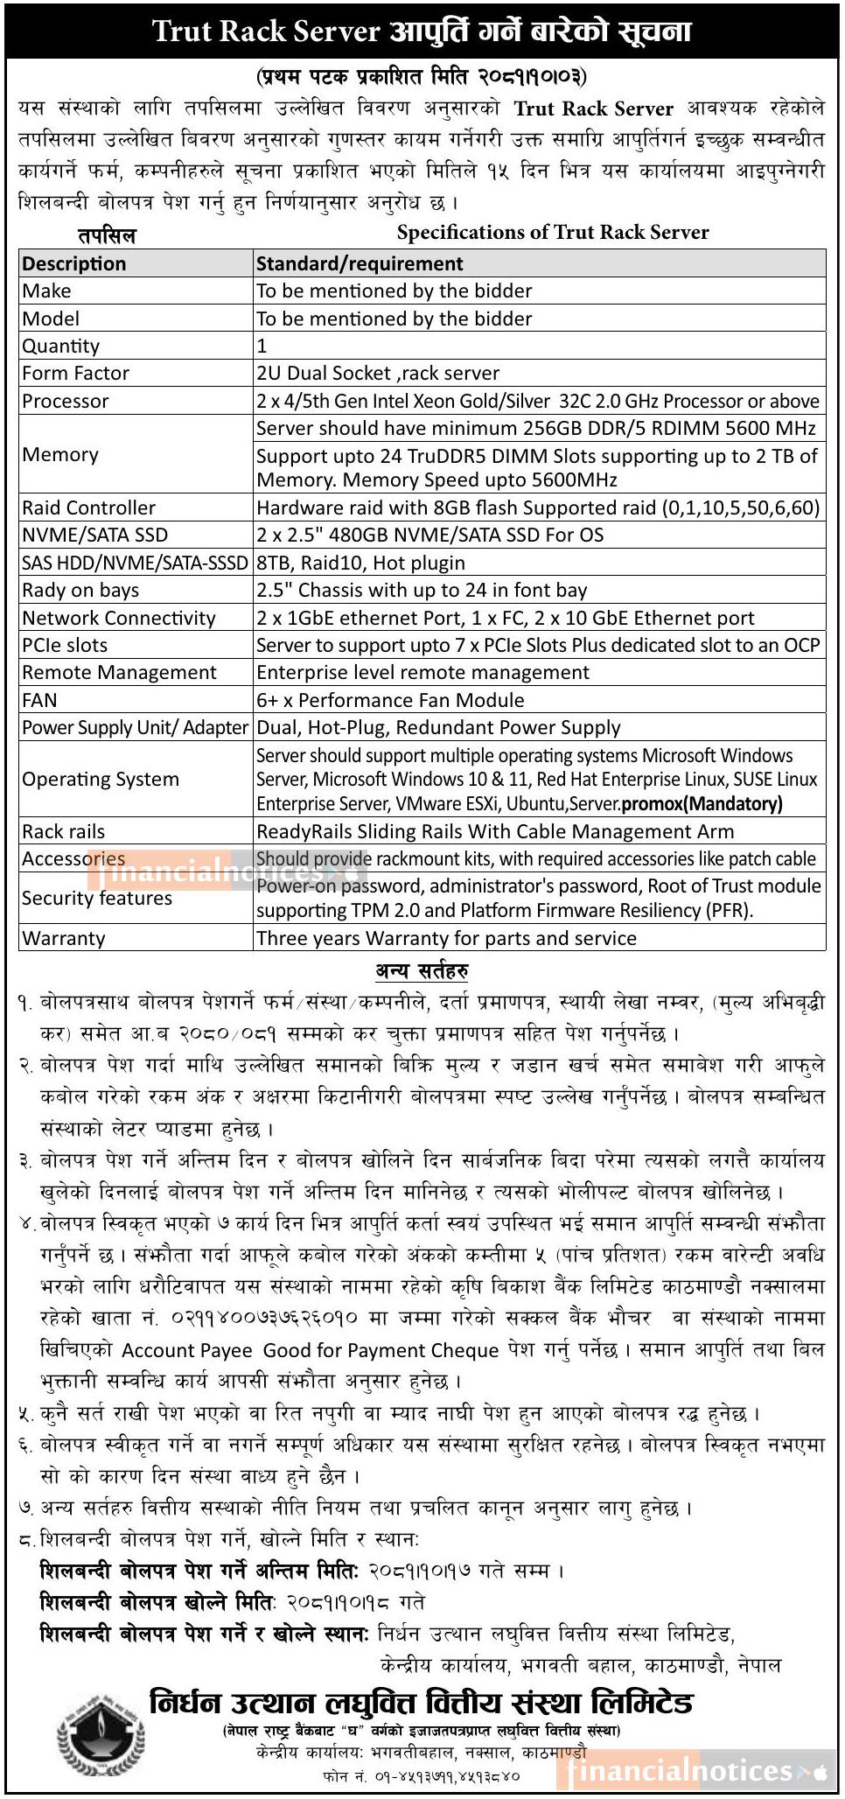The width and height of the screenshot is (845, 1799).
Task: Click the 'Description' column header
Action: (74, 263)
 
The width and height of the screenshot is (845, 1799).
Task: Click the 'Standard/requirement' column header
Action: (360, 263)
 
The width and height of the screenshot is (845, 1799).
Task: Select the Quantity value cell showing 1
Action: (262, 346)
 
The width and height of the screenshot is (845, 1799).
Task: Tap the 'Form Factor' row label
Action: (76, 373)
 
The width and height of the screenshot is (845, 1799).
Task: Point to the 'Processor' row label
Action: (66, 401)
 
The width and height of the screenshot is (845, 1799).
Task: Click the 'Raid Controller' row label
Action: (88, 507)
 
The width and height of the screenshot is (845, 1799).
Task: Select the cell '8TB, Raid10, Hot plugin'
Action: (360, 563)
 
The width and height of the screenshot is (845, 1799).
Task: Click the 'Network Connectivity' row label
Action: (119, 618)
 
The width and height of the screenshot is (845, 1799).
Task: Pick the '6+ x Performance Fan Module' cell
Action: (390, 700)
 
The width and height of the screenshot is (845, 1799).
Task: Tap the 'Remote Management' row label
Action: (119, 672)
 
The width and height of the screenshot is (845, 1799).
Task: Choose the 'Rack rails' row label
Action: (64, 831)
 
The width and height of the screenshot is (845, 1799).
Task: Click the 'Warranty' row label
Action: (64, 938)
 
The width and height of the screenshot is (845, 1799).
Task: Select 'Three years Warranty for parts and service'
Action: (446, 938)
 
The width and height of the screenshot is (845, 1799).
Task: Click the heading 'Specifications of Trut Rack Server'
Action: (553, 232)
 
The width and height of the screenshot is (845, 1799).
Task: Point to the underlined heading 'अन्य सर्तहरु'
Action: (422, 970)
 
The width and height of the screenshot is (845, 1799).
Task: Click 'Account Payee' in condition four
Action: (187, 1350)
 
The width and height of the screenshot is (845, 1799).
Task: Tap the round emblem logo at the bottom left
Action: (100, 1732)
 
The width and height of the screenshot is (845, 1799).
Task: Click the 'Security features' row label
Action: (97, 898)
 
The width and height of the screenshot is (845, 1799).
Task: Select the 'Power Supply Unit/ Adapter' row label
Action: (136, 727)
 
